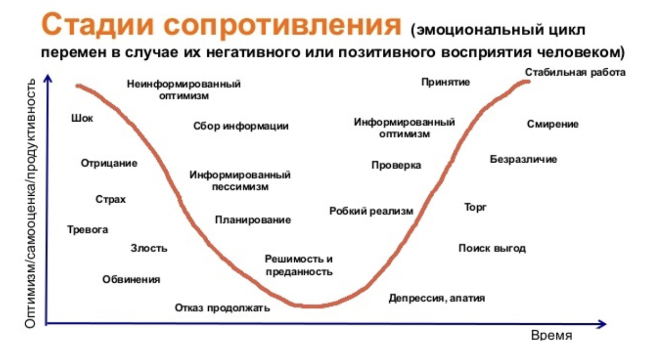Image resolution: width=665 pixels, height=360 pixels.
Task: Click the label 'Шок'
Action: pyautogui.click(x=82, y=118)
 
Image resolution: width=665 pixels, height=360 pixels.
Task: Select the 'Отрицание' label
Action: pyautogui.click(x=109, y=163)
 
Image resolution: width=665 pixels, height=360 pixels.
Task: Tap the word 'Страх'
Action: pyautogui.click(x=111, y=199)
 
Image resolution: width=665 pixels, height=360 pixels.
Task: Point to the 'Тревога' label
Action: pyautogui.click(x=88, y=230)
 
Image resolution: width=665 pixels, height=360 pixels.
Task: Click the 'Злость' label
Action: pyautogui.click(x=149, y=248)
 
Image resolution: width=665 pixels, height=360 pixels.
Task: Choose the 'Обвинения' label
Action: pyautogui.click(x=131, y=280)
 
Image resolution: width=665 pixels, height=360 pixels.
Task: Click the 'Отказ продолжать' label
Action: pyautogui.click(x=222, y=308)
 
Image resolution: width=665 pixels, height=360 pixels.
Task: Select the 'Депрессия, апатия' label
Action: pyautogui.click(x=437, y=298)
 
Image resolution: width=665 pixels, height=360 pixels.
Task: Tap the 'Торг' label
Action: pyautogui.click(x=475, y=207)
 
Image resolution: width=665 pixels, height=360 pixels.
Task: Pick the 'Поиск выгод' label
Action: pyautogui.click(x=492, y=248)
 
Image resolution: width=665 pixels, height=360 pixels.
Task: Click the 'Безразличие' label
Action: pyautogui.click(x=523, y=160)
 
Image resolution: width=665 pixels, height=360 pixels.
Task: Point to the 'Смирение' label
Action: pyautogui.click(x=553, y=124)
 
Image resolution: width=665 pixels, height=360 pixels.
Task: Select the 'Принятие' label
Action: pyautogui.click(x=446, y=82)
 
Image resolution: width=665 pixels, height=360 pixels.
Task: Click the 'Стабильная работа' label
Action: pyautogui.click(x=575, y=72)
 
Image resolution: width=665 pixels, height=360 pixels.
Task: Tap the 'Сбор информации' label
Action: pyautogui.click(x=241, y=126)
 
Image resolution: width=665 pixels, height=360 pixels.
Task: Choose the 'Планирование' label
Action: pyautogui.click(x=253, y=220)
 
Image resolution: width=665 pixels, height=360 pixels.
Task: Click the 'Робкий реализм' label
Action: pyautogui.click(x=371, y=211)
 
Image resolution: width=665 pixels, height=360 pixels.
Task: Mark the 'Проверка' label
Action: pyautogui.click(x=396, y=165)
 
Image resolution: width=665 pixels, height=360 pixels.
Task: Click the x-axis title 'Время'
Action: pyautogui.click(x=552, y=335)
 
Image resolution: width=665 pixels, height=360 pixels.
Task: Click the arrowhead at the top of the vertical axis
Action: pyautogui.click(x=48, y=78)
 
